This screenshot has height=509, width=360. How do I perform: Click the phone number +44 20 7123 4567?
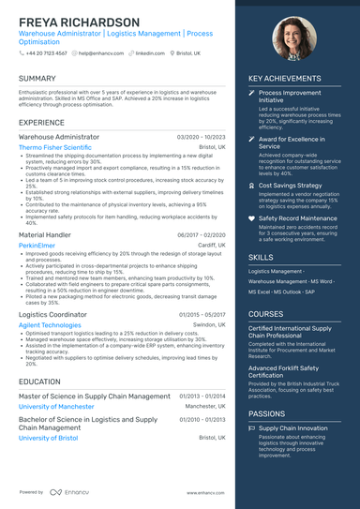(x=47, y=53)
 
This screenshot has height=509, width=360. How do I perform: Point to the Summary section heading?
(x=37, y=79)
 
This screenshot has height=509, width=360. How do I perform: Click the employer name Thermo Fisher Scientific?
(x=55, y=147)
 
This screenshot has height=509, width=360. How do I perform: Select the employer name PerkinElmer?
(x=37, y=244)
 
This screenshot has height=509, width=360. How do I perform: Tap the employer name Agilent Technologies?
(x=50, y=325)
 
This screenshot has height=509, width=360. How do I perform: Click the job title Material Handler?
(x=44, y=233)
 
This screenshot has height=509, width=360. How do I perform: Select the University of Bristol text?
(x=48, y=438)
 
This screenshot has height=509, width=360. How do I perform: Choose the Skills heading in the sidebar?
(x=262, y=256)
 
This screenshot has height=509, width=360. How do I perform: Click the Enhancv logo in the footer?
(x=66, y=491)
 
